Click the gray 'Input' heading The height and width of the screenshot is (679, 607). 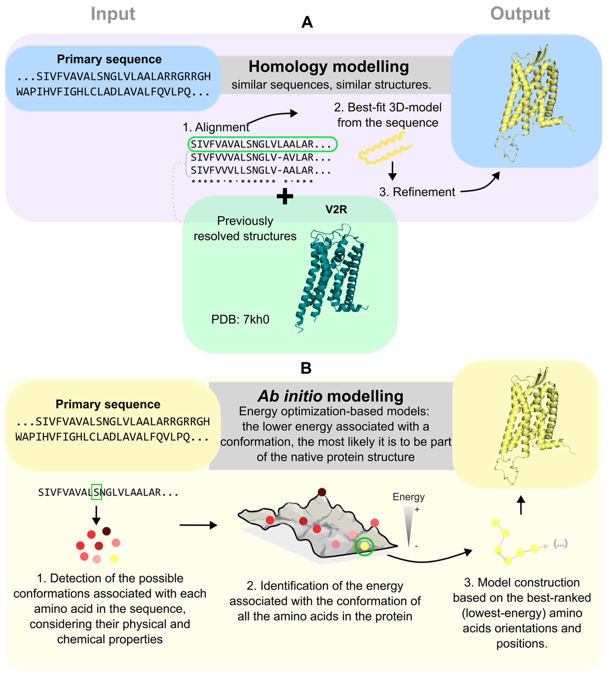(113, 14)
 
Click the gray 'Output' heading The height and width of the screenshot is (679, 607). (520, 14)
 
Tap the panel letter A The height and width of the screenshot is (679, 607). (307, 23)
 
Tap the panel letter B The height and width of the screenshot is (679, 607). (306, 368)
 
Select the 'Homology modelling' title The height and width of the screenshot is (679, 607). (328, 67)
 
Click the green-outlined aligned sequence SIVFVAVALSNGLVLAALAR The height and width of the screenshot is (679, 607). (262, 144)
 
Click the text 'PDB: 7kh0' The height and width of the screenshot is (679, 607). (240, 320)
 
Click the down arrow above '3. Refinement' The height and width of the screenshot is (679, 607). (393, 171)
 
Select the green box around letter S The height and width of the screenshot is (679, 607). (96, 492)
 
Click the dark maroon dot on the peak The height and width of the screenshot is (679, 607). (322, 492)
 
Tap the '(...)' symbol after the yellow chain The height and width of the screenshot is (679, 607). (560, 544)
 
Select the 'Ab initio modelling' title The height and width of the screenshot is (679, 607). (330, 396)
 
